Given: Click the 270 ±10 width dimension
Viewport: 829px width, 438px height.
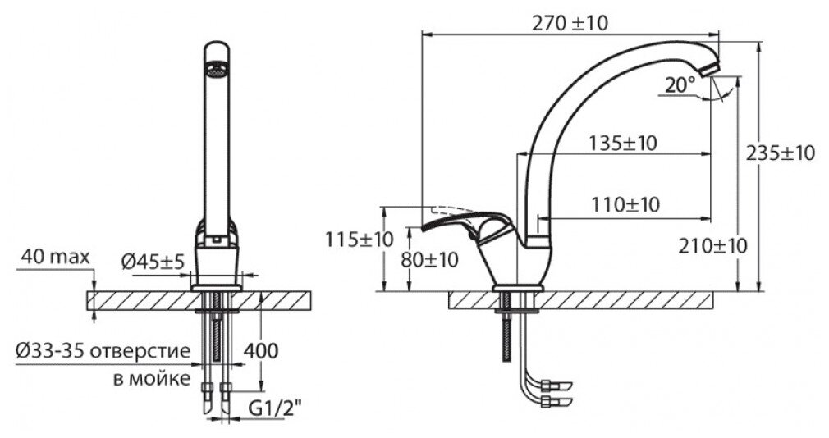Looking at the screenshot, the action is (x=570, y=23).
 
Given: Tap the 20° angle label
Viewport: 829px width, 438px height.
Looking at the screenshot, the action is (x=680, y=84).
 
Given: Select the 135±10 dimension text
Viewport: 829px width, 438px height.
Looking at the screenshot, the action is (x=623, y=144).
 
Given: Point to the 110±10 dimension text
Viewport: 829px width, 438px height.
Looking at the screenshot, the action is (x=625, y=204).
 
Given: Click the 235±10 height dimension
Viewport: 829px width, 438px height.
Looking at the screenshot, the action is (x=781, y=153).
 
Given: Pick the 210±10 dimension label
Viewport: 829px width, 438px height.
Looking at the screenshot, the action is (x=713, y=245).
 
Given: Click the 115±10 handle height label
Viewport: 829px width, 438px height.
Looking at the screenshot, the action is (x=359, y=240).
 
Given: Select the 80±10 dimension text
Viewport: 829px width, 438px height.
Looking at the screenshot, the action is (x=429, y=259).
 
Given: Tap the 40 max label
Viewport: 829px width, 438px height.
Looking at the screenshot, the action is (x=56, y=258).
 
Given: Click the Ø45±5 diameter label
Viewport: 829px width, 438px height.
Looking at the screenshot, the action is (x=154, y=262).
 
